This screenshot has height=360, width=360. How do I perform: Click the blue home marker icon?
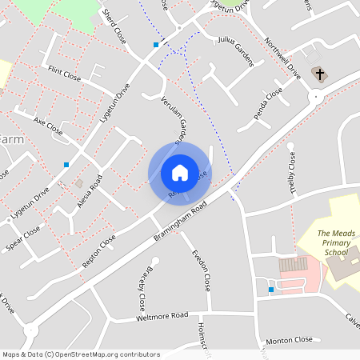(x=179, y=172)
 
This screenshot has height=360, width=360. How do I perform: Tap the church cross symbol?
(x=320, y=74)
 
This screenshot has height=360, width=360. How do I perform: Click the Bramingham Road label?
(x=182, y=222)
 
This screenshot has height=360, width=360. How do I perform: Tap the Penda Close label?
(x=268, y=105)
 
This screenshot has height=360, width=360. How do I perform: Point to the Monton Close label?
(x=289, y=339)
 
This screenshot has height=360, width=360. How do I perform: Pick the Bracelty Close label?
(x=140, y=287)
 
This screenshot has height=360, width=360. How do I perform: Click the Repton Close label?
(x=98, y=251)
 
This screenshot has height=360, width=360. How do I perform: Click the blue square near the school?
(x=271, y=289)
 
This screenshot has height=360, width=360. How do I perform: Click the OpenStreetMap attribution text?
(x=81, y=354)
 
